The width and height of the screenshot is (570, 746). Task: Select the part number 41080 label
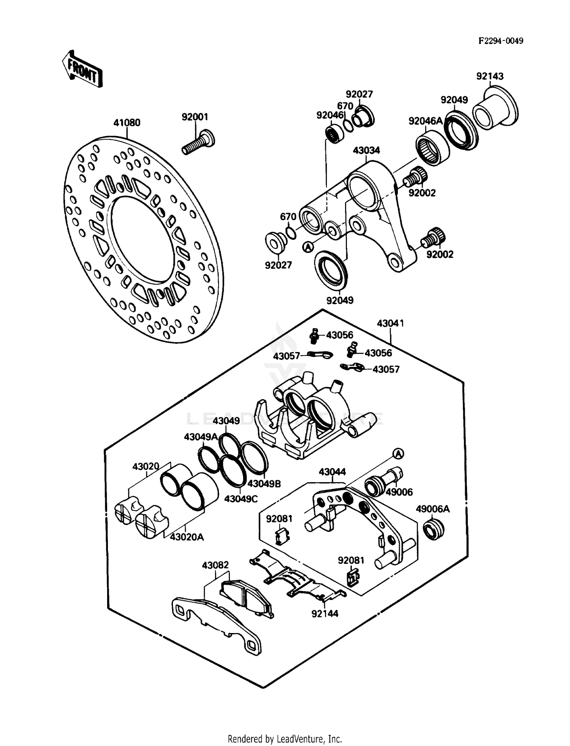click(127, 123)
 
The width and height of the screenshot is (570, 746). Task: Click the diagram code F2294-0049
click(500, 41)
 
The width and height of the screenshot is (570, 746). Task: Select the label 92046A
click(426, 121)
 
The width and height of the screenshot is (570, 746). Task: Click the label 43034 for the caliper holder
click(366, 150)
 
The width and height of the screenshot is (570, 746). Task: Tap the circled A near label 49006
click(397, 453)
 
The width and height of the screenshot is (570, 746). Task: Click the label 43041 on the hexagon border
click(390, 323)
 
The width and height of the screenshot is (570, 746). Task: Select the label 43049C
click(241, 498)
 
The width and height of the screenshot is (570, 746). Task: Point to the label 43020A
click(187, 537)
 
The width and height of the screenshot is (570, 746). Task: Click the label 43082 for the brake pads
click(215, 565)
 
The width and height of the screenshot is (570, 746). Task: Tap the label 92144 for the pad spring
click(325, 613)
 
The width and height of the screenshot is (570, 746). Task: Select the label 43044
click(332, 472)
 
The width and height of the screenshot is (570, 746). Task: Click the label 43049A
click(200, 436)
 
